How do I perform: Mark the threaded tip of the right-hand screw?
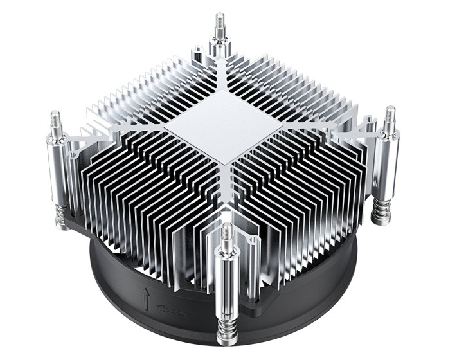point(390,116)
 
